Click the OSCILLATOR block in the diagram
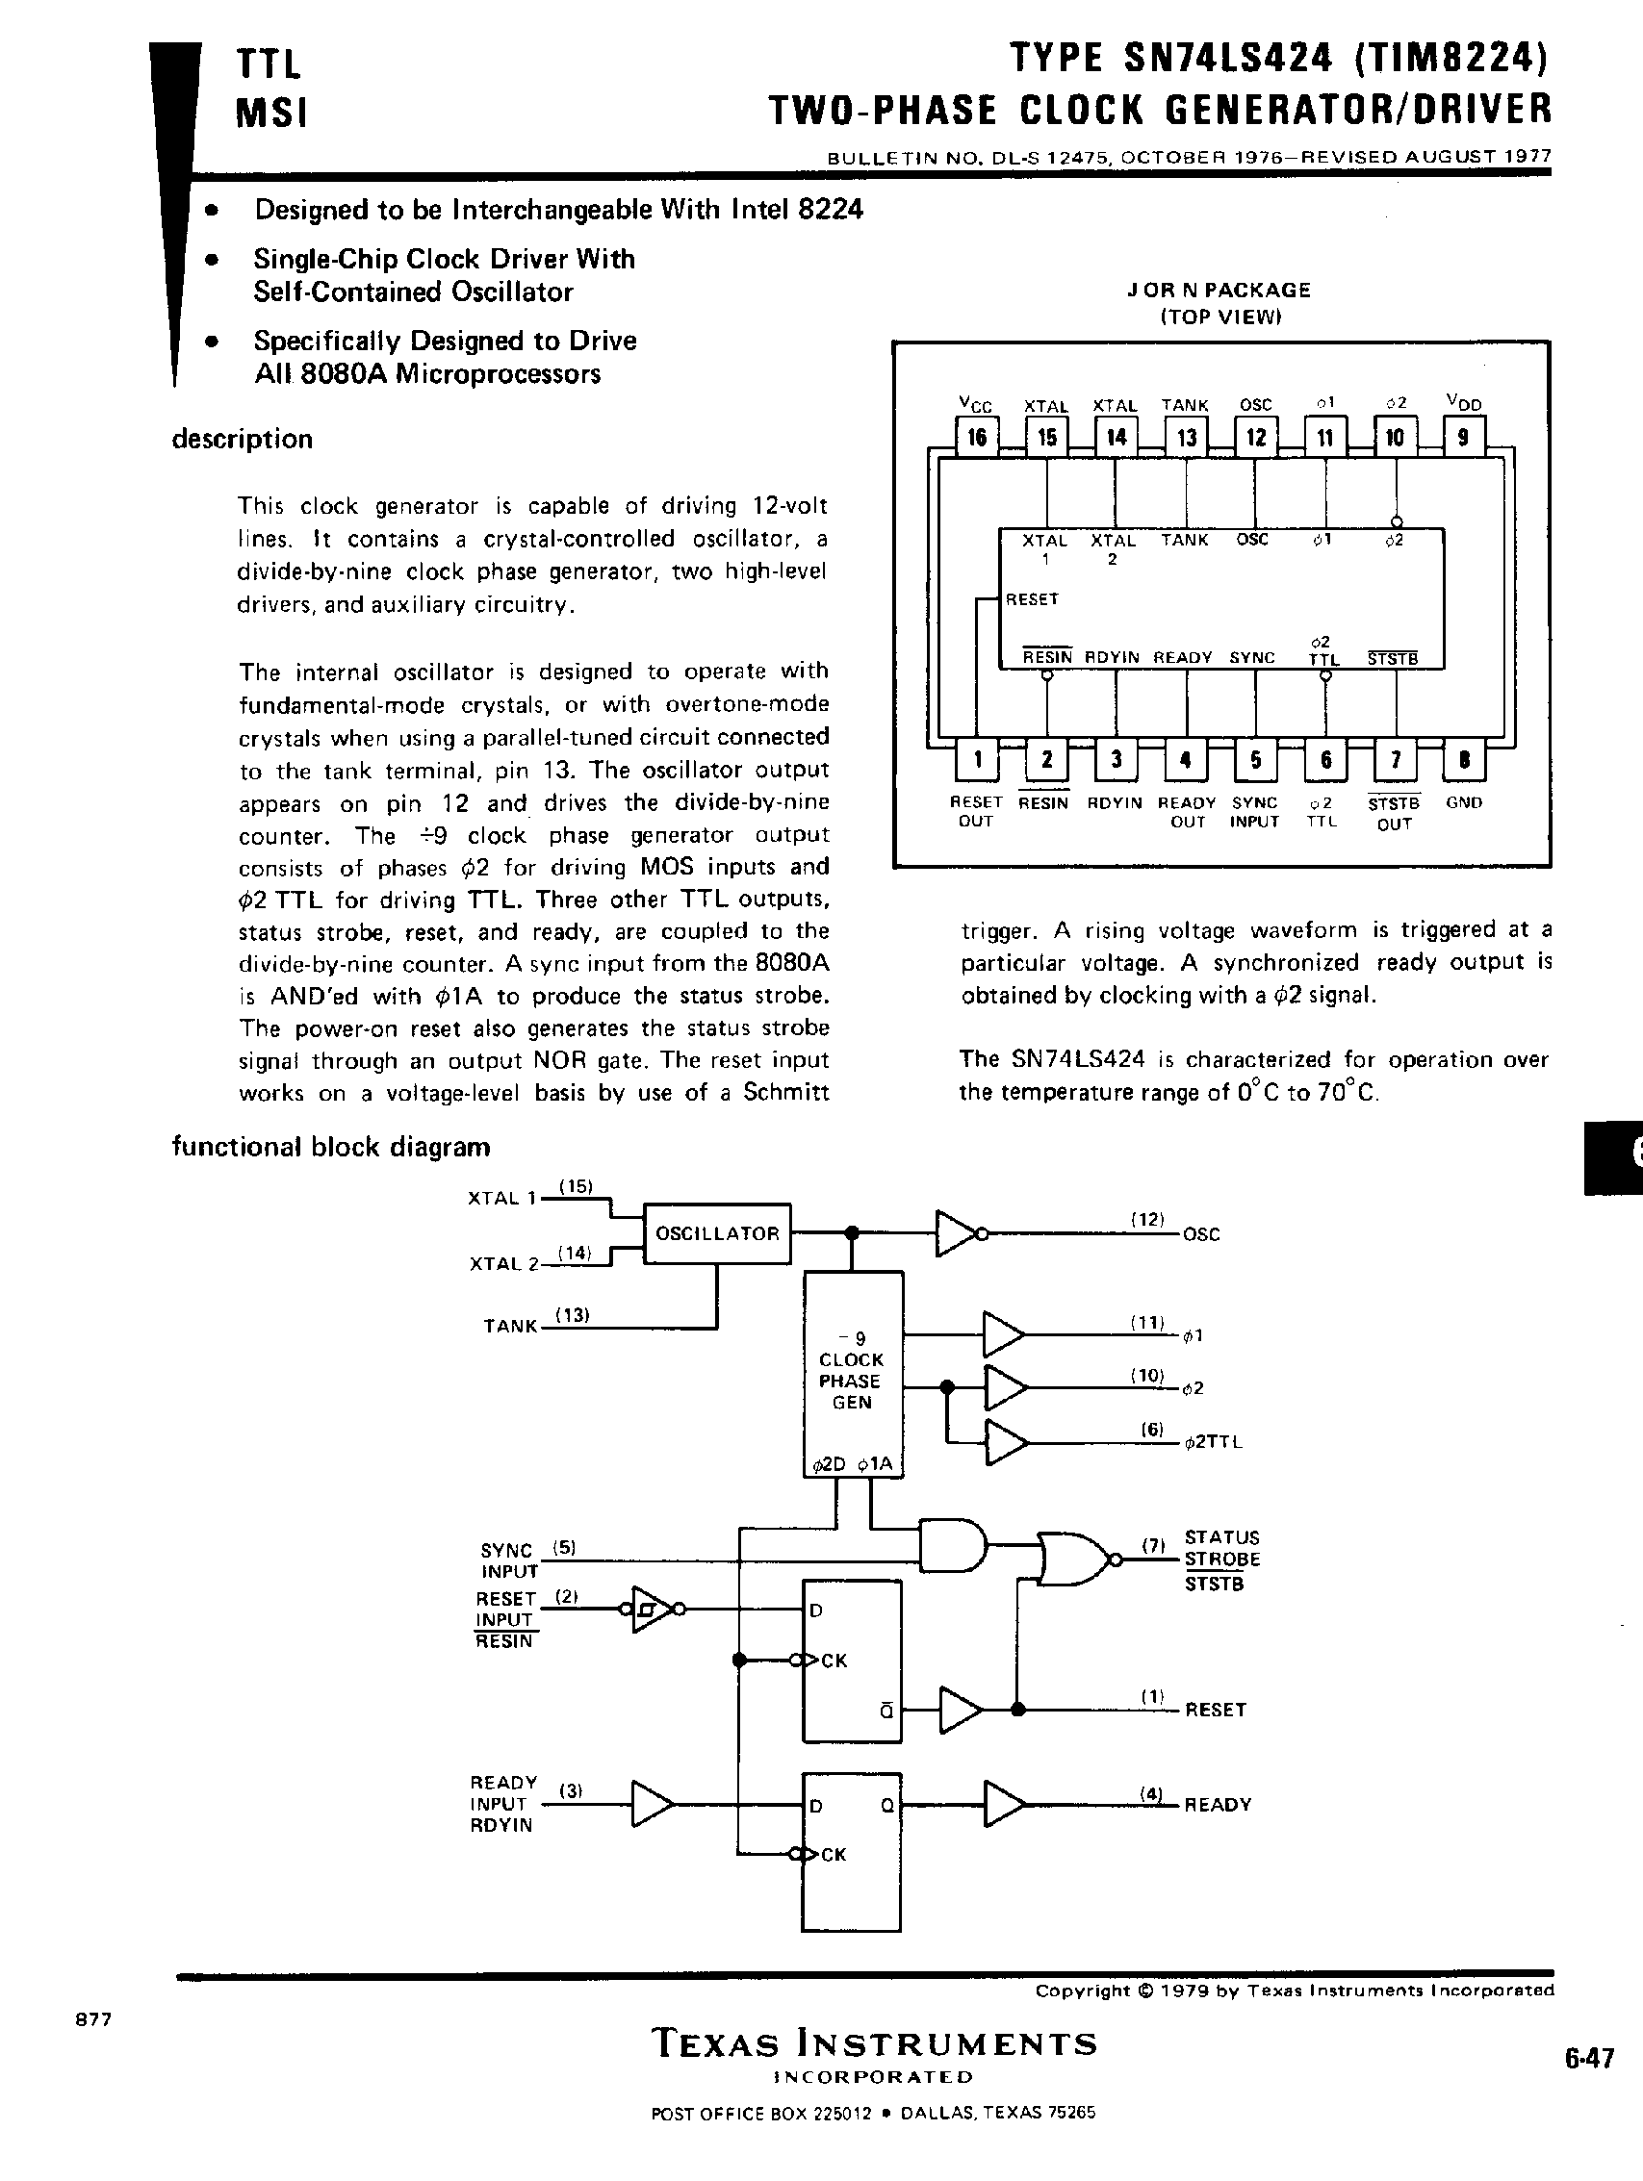click(717, 1233)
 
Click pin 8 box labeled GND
click(1465, 759)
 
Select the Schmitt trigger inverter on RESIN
click(650, 1610)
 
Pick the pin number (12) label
click(1148, 1220)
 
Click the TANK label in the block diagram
click(510, 1327)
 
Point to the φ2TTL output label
click(1213, 1441)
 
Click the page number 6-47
click(1589, 2059)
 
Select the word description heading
click(242, 439)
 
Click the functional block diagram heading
click(330, 1147)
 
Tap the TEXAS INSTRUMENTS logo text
click(874, 2043)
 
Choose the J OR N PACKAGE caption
click(1219, 290)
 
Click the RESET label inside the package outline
click(1032, 599)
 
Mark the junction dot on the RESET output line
click(1017, 1710)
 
